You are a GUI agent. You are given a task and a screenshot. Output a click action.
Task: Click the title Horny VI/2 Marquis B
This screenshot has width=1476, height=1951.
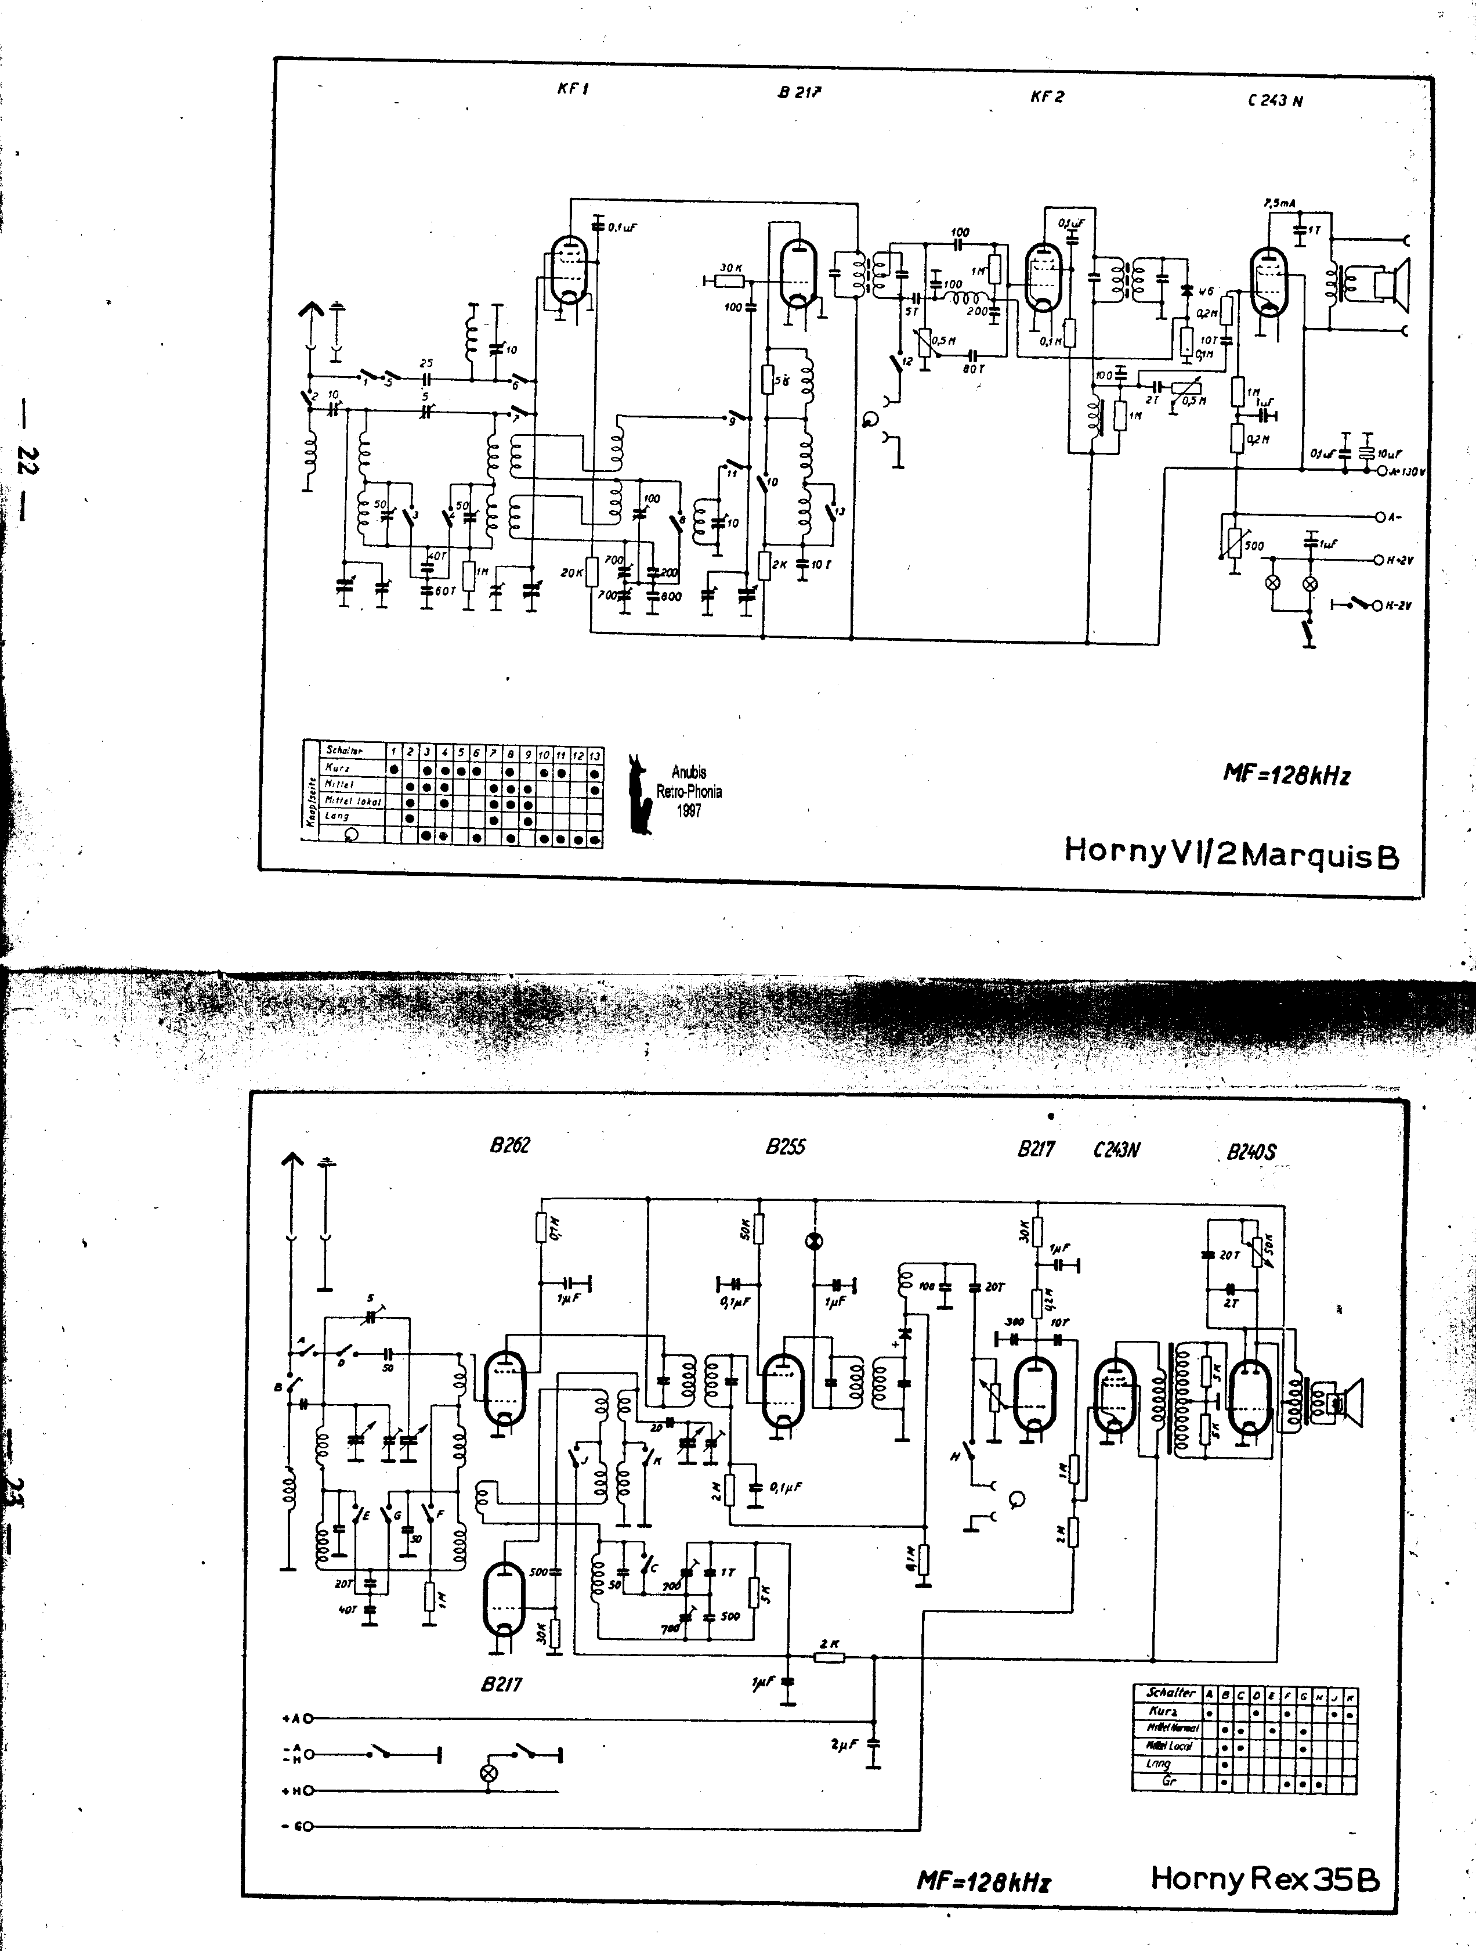[x=1231, y=852]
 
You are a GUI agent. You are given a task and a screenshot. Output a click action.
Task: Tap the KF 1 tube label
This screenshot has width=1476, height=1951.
[x=572, y=88]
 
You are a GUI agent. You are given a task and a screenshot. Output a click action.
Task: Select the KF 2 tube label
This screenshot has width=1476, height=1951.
[x=1047, y=96]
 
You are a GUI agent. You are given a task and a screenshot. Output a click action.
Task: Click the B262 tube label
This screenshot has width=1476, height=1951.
[x=509, y=1145]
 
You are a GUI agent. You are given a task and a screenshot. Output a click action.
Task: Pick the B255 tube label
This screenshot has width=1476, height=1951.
[x=785, y=1146]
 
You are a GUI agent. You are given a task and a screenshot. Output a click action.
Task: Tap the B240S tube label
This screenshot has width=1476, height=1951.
[x=1250, y=1152]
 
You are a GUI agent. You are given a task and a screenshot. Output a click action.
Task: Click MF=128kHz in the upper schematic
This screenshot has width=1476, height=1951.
[x=1286, y=774]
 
